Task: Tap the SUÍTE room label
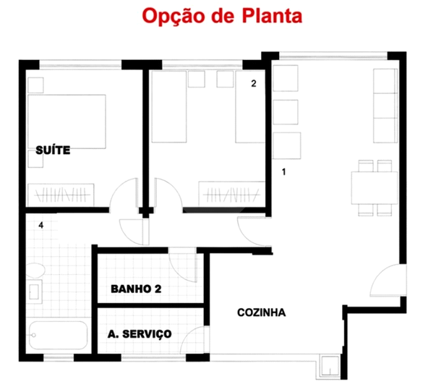[x=53, y=150]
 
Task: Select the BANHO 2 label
[x=136, y=289]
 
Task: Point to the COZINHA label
[x=262, y=313]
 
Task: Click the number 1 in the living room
[x=284, y=172]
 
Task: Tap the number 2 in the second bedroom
[x=254, y=83]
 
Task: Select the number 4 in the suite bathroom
[x=42, y=226]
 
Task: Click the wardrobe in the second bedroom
[x=228, y=194]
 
